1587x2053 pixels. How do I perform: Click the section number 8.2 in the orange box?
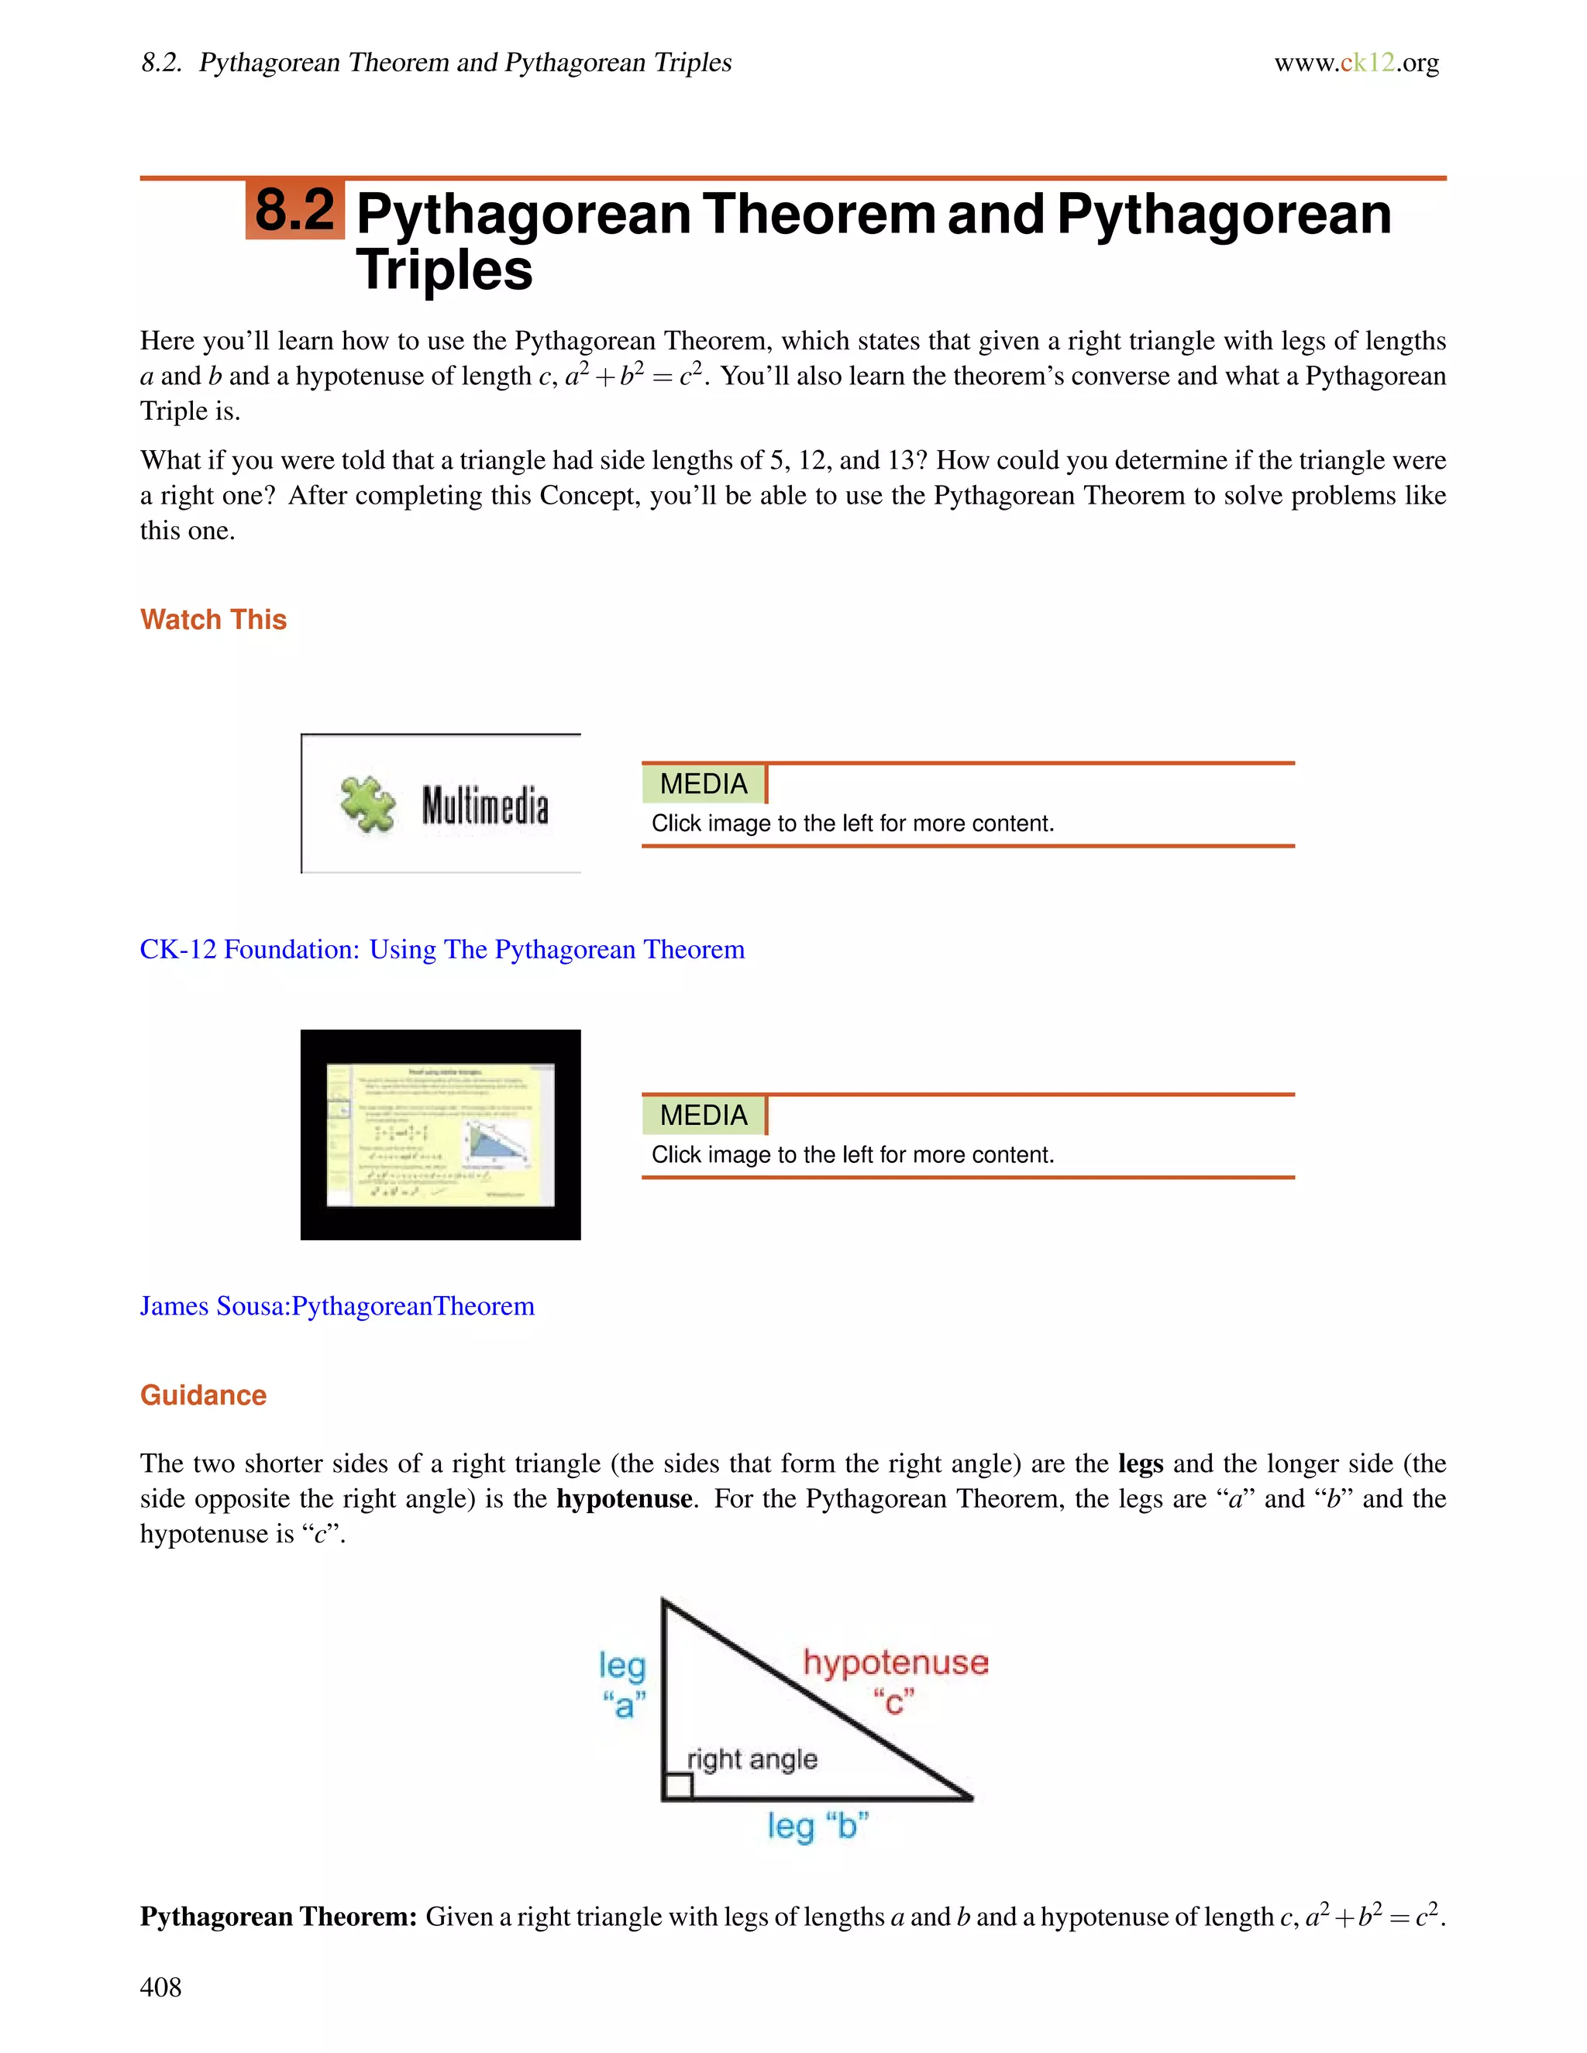(294, 210)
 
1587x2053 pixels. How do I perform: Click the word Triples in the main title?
(444, 270)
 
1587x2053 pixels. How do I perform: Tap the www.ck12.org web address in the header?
(1356, 63)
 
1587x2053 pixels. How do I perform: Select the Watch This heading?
(213, 620)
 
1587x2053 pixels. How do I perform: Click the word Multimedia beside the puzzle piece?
(485, 806)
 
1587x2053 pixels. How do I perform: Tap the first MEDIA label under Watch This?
(704, 784)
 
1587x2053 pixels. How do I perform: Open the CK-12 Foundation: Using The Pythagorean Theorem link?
(442, 950)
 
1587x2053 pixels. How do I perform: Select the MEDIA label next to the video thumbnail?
(704, 1115)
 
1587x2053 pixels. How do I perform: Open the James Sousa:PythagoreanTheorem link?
(336, 1305)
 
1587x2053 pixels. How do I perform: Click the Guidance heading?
(203, 1395)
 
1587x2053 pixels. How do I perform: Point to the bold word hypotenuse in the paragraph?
(625, 1498)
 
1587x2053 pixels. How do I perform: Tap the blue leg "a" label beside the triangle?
(623, 1683)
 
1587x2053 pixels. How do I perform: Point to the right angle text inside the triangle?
(752, 1759)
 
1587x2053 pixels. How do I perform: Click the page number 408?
(160, 1986)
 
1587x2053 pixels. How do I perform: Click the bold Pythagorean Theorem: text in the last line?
(278, 1917)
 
